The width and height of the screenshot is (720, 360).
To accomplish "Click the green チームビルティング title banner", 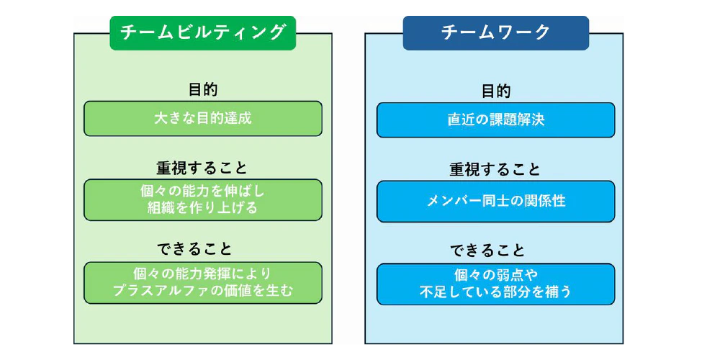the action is click(202, 33).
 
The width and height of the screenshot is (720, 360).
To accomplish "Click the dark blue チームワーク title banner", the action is click(496, 33).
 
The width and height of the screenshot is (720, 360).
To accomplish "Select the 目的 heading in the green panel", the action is click(202, 89).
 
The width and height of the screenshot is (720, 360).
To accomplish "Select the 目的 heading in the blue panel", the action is click(496, 91).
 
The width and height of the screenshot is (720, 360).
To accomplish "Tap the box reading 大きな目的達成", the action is click(202, 119).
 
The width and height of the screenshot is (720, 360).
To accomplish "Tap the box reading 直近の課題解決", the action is click(496, 120).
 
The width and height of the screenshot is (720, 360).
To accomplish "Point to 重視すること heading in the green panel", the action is click(202, 168).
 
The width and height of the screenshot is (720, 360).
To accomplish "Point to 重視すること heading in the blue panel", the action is click(496, 171).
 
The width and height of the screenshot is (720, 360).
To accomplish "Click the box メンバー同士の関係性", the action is click(496, 202).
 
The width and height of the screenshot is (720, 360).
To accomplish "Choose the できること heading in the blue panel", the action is click(487, 251).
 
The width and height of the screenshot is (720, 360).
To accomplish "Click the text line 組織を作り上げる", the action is click(202, 208).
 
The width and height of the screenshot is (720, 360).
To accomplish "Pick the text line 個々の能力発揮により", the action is click(202, 274).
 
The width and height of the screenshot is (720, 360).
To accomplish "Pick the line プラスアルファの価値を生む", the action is click(202, 291).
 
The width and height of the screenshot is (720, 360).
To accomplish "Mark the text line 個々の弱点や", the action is click(496, 275).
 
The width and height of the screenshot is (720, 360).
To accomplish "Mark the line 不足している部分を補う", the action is click(496, 292).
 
